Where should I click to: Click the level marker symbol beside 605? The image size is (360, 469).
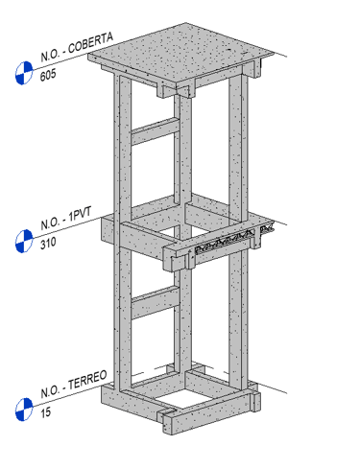pos(24,73)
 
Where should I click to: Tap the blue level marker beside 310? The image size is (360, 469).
pos(24,241)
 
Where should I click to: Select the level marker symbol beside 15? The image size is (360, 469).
pos(24,410)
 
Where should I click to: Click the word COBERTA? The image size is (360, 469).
pos(90,42)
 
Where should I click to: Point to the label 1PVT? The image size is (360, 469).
pos(80,214)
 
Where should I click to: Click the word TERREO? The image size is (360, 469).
pos(87,380)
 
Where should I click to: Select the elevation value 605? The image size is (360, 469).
pos(48,75)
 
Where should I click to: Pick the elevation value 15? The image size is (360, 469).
pos(45,412)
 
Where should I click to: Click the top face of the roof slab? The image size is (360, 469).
pos(180,54)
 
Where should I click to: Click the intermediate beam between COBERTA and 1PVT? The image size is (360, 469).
pos(156,131)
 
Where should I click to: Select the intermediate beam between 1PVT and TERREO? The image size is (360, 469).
pos(156,302)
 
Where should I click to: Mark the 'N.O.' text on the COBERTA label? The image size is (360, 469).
pos(50,56)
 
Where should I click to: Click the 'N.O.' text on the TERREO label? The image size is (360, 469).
pos(50,391)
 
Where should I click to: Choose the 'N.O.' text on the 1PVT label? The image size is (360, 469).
pos(50,223)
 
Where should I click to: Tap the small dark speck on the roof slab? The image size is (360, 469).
pos(229,50)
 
